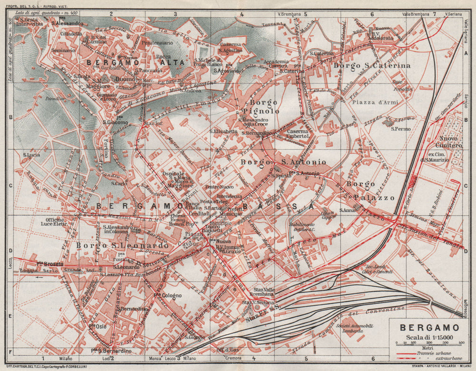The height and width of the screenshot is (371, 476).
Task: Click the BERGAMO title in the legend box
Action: [x=429, y=328]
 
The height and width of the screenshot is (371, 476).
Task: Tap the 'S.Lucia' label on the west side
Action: [x=31, y=155]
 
